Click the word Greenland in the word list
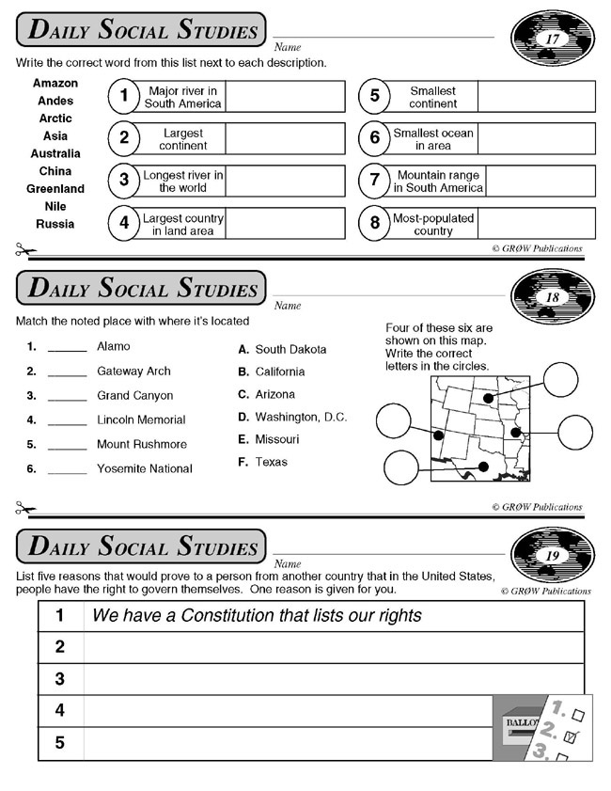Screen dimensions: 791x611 pyautogui.click(x=55, y=189)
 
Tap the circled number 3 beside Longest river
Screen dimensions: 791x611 pyautogui.click(x=123, y=181)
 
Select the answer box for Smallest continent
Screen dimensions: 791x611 pyautogui.click(x=536, y=97)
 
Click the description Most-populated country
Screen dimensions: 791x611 pyautogui.click(x=433, y=224)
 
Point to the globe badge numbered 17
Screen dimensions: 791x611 pyautogui.click(x=552, y=40)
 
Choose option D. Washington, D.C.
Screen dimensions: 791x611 pyautogui.click(x=292, y=417)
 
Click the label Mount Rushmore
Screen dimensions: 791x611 pyautogui.click(x=142, y=445)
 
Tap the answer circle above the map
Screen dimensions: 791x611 pyautogui.click(x=560, y=381)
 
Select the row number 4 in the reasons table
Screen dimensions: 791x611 pyautogui.click(x=60, y=710)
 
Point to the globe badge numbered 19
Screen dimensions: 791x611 pyautogui.click(x=552, y=556)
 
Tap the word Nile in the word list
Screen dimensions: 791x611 pyautogui.click(x=55, y=207)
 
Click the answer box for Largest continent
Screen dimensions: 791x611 pyautogui.click(x=285, y=139)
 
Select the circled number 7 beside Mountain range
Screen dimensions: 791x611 pyautogui.click(x=374, y=181)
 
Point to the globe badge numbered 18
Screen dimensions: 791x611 pyautogui.click(x=552, y=297)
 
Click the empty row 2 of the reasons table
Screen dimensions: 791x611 pyautogui.click(x=334, y=647)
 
